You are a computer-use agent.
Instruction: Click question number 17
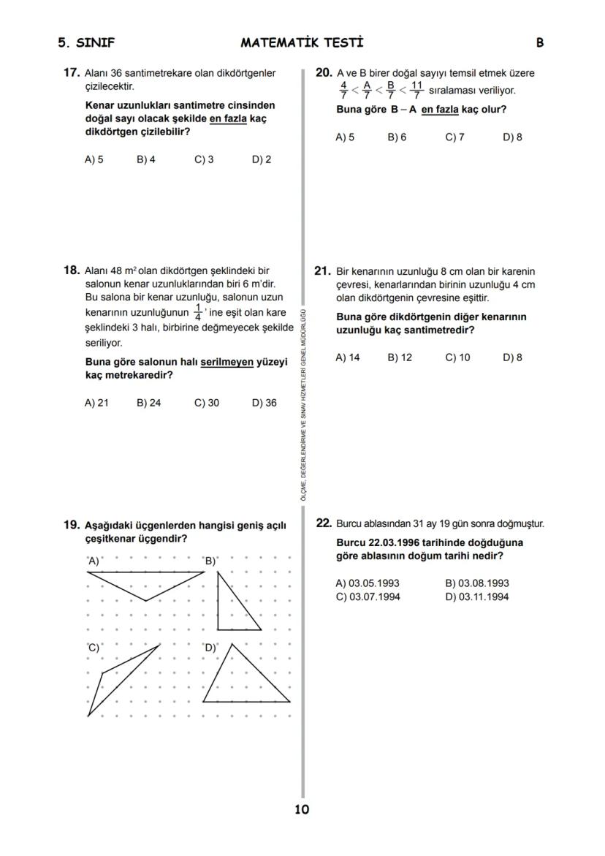(71, 73)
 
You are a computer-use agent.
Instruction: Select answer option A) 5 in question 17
(94, 159)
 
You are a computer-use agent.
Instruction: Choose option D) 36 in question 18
(264, 403)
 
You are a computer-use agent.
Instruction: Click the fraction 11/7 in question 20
(416, 90)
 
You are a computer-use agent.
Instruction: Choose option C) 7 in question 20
(454, 137)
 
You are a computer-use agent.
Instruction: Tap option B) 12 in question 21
(400, 357)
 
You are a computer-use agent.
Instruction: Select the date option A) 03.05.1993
(367, 583)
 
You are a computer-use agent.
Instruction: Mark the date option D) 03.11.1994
(476, 596)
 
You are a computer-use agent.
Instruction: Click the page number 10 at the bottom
(302, 809)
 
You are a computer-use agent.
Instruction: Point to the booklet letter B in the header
(539, 42)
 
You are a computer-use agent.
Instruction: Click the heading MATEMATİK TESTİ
(302, 42)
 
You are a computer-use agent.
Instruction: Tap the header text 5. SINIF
(86, 42)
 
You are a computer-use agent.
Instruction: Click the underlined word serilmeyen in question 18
(227, 362)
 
